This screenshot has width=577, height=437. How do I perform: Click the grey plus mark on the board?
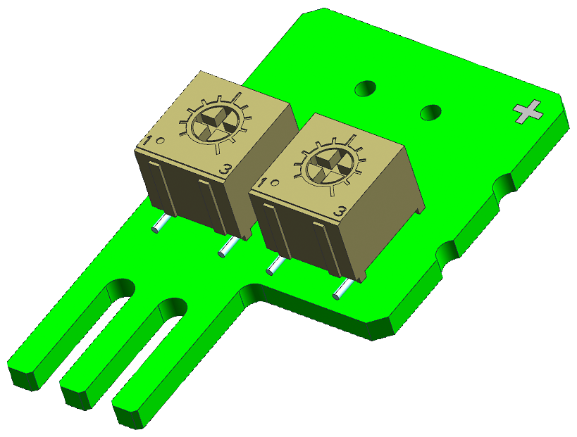(x=528, y=111)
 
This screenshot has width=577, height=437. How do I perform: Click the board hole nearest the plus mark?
(x=430, y=112)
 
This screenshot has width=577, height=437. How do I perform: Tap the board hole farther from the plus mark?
(x=365, y=89)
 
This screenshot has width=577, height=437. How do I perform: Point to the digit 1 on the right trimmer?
(x=263, y=184)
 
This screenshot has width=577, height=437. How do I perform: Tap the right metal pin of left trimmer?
(x=229, y=246)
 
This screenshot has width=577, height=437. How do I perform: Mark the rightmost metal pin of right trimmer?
(x=340, y=289)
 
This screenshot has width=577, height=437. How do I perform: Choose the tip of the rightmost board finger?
(x=130, y=415)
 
